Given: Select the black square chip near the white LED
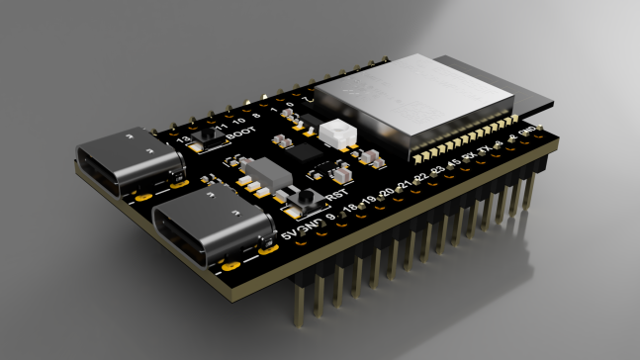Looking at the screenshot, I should click(x=307, y=154).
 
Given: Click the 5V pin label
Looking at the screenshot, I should click(x=289, y=235).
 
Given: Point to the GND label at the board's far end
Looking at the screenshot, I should click(x=529, y=132).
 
